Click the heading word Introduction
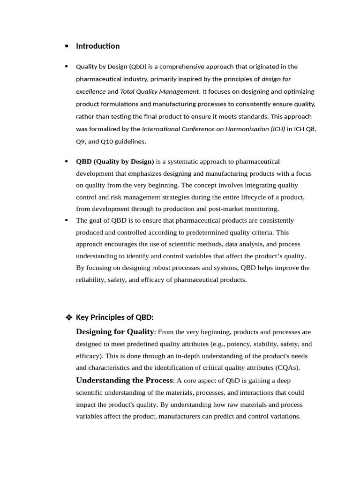(x=97, y=46)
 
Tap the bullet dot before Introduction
(x=67, y=46)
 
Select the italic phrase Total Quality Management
(x=160, y=91)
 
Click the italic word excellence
(x=90, y=91)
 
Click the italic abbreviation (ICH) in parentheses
(x=278, y=129)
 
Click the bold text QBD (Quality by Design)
(x=115, y=162)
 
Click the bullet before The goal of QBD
(x=67, y=220)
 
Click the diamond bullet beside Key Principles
(x=69, y=318)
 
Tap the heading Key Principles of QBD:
(x=114, y=317)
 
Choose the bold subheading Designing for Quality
(x=114, y=332)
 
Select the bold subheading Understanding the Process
(x=124, y=380)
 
